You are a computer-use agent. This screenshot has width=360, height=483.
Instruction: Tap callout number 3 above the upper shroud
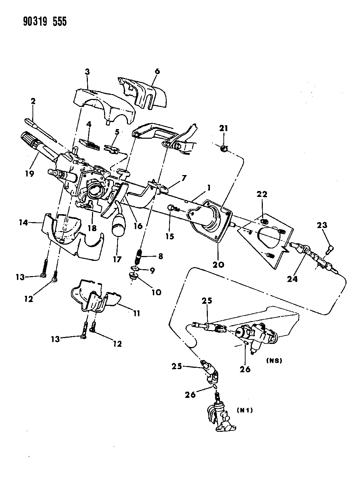tap(87, 72)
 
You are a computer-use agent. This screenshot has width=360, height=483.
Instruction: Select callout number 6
tap(157, 72)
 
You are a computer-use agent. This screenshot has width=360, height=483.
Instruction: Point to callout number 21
tap(224, 128)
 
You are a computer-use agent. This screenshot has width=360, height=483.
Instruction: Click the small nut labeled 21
tap(224, 149)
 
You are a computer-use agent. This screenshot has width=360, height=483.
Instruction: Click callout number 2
tap(33, 101)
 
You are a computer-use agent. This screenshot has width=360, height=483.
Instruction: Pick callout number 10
tap(156, 292)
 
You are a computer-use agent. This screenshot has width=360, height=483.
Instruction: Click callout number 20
tap(219, 265)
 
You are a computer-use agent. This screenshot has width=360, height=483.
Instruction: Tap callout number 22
tap(262, 194)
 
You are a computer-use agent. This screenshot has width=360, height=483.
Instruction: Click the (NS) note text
tap(275, 360)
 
